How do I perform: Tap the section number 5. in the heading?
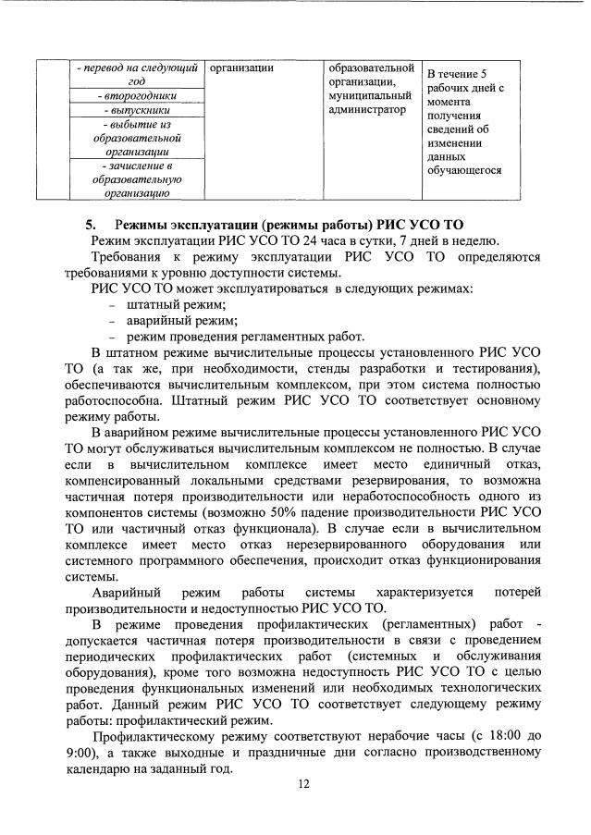[x=91, y=225]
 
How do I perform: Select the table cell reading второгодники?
[x=136, y=95]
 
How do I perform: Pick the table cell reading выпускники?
[x=136, y=109]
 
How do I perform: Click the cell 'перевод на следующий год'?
[x=136, y=74]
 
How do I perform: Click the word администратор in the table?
[x=367, y=110]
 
